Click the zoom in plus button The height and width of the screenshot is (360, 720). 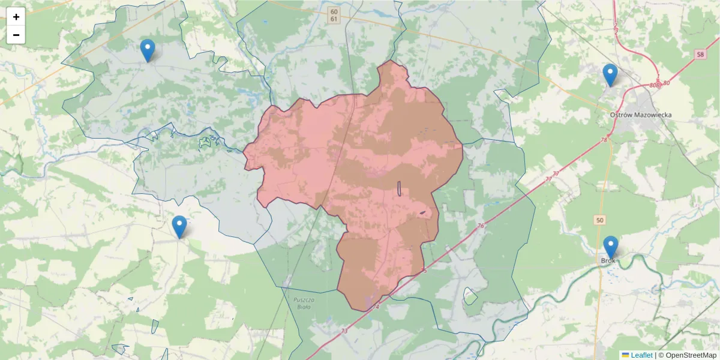click(16, 17)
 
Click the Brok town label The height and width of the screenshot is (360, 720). click(608, 260)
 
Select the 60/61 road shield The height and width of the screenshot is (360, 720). click(334, 16)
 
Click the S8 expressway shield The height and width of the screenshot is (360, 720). click(700, 55)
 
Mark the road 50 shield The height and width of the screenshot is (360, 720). click(600, 221)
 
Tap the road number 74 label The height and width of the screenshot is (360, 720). click(376, 307)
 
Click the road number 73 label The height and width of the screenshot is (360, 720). click(344, 331)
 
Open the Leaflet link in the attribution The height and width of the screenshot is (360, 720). click(641, 355)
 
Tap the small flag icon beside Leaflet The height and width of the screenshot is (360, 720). click(625, 355)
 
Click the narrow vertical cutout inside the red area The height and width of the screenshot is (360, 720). click(399, 188)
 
